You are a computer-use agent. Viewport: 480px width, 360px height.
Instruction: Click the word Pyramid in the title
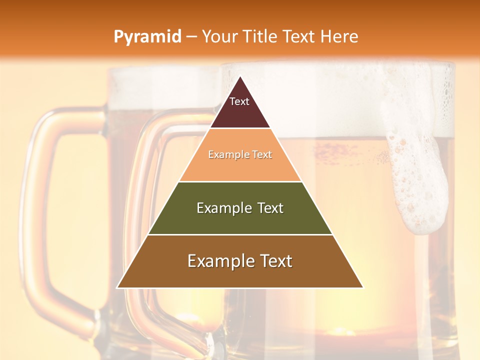click(147, 37)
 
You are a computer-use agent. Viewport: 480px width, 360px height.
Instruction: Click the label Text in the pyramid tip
click(239, 101)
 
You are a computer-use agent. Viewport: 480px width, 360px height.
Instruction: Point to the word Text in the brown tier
click(273, 261)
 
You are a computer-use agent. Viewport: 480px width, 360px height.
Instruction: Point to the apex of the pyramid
click(240, 77)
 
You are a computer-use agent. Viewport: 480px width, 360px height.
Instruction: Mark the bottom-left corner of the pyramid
click(117, 287)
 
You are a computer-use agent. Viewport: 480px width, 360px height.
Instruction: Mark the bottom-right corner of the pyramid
click(363, 287)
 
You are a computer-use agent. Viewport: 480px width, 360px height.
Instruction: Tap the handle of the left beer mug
click(42, 200)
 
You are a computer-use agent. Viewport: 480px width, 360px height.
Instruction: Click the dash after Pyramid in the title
click(191, 37)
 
